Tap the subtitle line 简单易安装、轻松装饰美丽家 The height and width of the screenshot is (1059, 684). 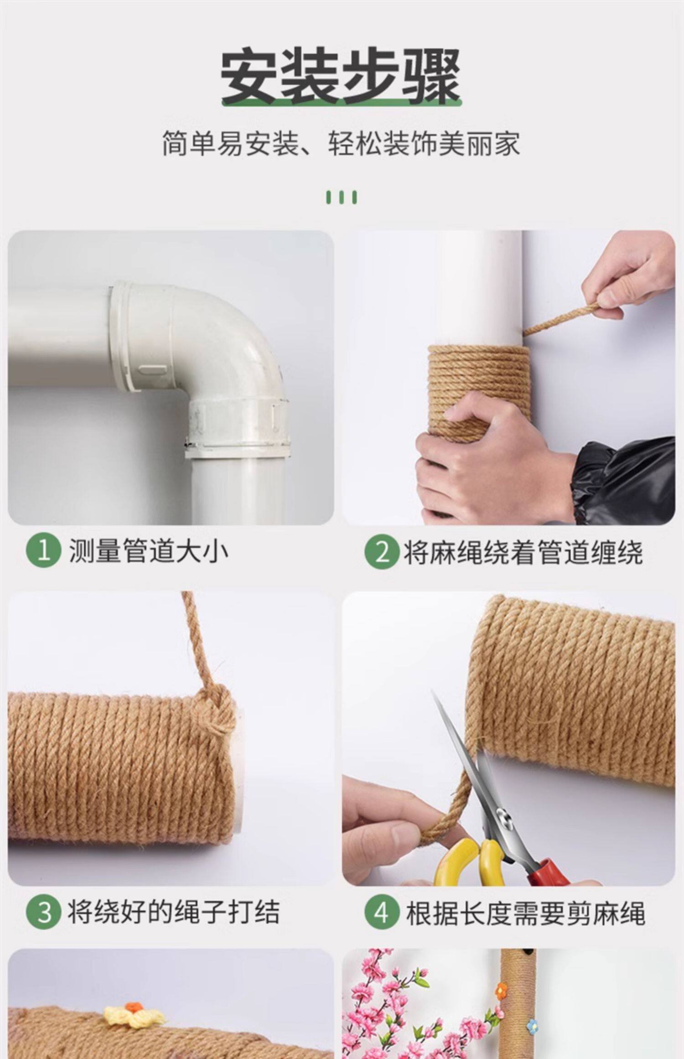pos(341,144)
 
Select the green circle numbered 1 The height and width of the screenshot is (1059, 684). pos(43,551)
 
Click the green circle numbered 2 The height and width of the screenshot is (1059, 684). pos(382,551)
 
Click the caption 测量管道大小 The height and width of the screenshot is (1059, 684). pos(148,551)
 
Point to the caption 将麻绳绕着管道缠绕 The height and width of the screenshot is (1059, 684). pos(523,552)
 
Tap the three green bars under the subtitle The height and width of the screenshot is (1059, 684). pos(341,197)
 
